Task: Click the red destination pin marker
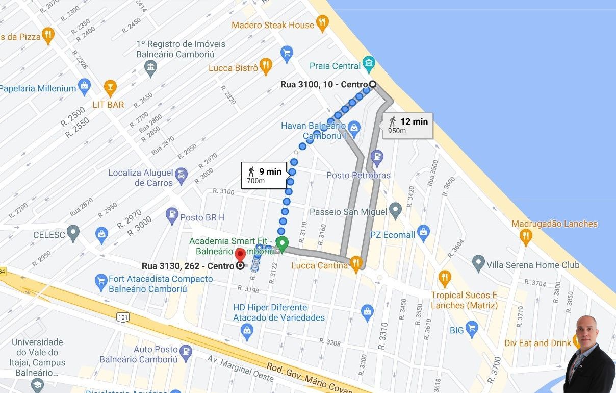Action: click(x=240, y=254)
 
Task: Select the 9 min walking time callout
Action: click(x=264, y=175)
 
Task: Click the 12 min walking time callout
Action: click(x=407, y=125)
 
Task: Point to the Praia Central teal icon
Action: click(x=369, y=64)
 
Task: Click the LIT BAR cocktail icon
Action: click(x=110, y=87)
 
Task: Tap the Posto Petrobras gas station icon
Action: click(x=377, y=157)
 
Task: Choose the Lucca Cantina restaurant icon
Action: click(x=356, y=263)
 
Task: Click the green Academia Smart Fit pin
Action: click(x=281, y=243)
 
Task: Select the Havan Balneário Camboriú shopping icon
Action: click(x=354, y=127)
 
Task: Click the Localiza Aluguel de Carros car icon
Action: click(x=181, y=177)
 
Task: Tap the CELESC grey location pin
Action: click(x=73, y=233)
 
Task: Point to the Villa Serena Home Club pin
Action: click(x=478, y=263)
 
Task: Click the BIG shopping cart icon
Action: click(x=472, y=328)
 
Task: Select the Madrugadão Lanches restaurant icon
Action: click(x=526, y=236)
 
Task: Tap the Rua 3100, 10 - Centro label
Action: click(x=324, y=84)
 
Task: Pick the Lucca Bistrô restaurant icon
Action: click(x=265, y=65)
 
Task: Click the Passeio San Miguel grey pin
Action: click(x=395, y=210)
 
